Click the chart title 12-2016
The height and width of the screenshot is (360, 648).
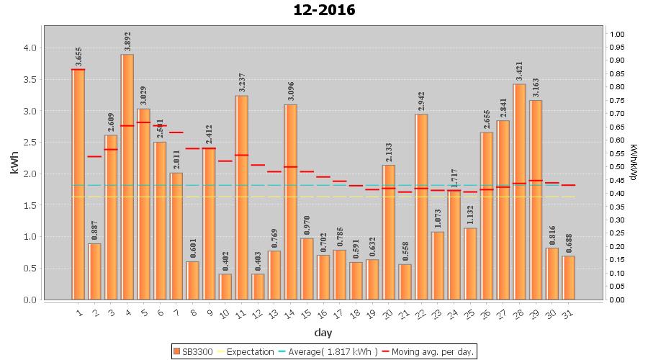click(324, 10)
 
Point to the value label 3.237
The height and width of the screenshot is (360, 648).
click(242, 82)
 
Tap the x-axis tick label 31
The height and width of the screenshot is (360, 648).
click(567, 312)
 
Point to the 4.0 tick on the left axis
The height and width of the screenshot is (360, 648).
click(30, 48)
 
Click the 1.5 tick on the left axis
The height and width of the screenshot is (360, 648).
click(30, 205)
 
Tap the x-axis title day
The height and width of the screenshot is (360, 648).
click(323, 333)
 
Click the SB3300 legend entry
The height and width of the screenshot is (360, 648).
click(194, 352)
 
